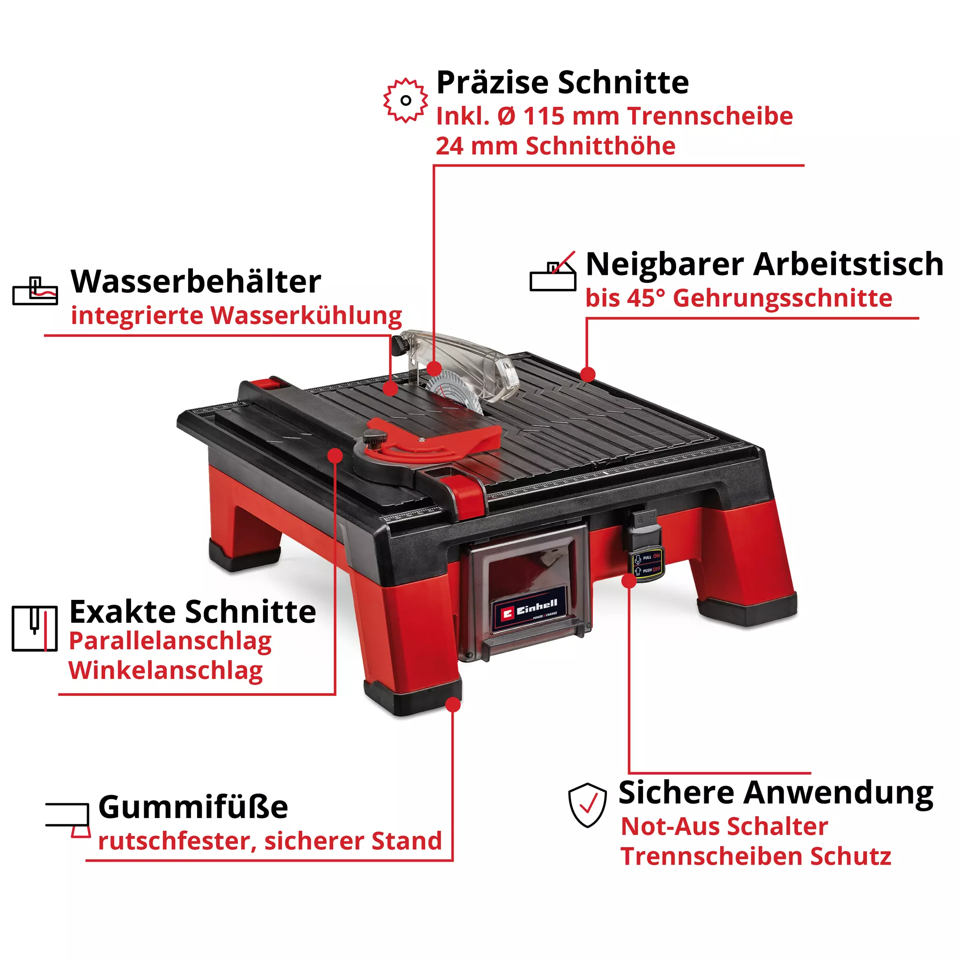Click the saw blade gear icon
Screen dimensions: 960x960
[405, 100]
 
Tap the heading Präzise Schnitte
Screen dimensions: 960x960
[562, 82]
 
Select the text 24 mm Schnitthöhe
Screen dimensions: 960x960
[555, 146]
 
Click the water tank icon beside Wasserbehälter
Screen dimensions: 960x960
[35, 291]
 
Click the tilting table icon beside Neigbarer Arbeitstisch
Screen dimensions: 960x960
[553, 272]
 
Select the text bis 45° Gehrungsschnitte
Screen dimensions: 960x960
[738, 298]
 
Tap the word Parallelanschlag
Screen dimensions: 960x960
[170, 642]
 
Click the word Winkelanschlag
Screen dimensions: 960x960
[165, 671]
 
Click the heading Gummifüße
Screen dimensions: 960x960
[193, 807]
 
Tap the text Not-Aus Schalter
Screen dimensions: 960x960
[724, 827]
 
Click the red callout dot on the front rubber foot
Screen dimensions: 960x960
[453, 705]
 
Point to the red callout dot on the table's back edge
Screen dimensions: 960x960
[587, 374]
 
